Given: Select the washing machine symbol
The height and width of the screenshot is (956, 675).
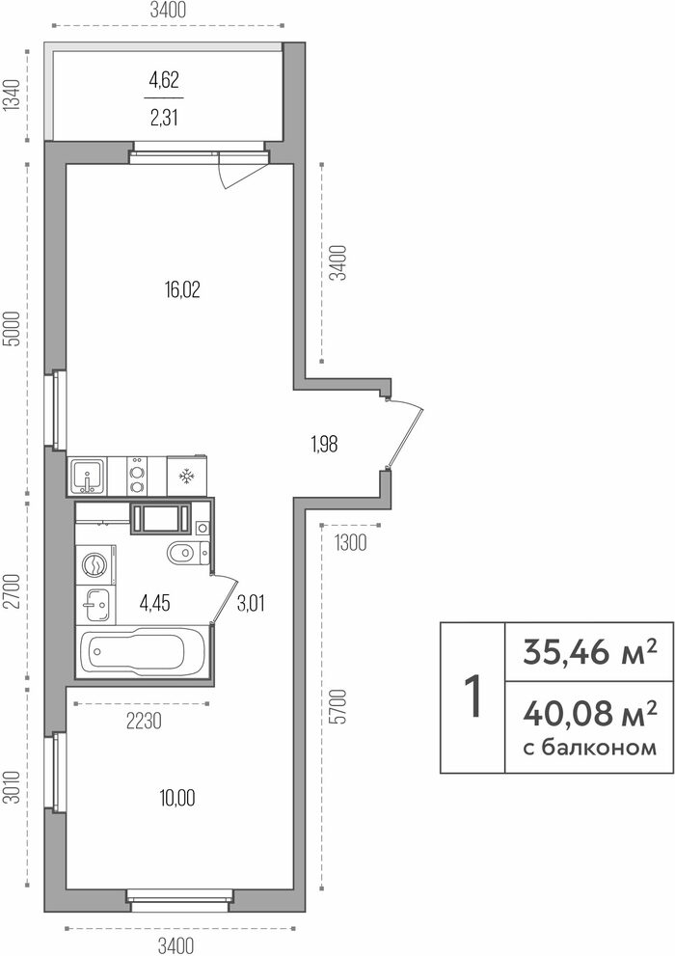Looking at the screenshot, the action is click(95, 564).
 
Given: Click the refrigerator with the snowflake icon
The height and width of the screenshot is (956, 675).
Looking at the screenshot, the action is click(186, 477).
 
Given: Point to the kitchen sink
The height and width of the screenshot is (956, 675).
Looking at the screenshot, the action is click(88, 477).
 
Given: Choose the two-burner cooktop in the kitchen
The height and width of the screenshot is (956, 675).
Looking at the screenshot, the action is click(137, 477).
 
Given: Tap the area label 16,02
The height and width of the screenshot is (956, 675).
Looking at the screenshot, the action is click(181, 289).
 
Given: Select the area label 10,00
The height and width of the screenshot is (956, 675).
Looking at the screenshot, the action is click(177, 798).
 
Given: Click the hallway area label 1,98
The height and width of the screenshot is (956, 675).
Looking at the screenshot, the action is click(324, 445).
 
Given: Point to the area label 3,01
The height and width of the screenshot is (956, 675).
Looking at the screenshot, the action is click(251, 604).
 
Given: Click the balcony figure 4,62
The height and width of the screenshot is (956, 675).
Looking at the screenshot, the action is click(164, 80).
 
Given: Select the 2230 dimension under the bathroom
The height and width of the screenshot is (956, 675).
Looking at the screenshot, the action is click(145, 722).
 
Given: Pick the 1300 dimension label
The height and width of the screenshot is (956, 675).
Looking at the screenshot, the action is click(351, 542).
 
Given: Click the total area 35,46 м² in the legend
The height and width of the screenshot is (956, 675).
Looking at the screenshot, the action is click(590, 652).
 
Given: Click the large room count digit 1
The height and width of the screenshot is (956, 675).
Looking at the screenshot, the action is click(472, 697).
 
